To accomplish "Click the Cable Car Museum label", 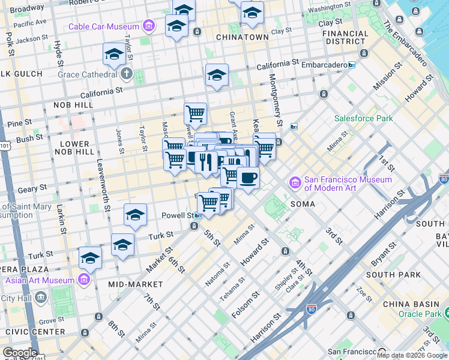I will pyautogui.click(x=104, y=26).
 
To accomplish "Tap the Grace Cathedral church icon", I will pyautogui.click(x=126, y=74).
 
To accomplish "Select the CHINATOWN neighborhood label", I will pyautogui.click(x=247, y=37).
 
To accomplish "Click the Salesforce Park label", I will pyautogui.click(x=363, y=118).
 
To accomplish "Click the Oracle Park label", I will pyautogui.click(x=420, y=313).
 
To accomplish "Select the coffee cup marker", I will pyautogui.click(x=248, y=178).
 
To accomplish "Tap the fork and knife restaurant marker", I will pyautogui.click(x=206, y=162).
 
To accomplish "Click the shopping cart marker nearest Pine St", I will pyautogui.click(x=195, y=113).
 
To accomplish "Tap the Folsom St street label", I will pyautogui.click(x=246, y=304).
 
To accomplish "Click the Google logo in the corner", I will pyautogui.click(x=19, y=353).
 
